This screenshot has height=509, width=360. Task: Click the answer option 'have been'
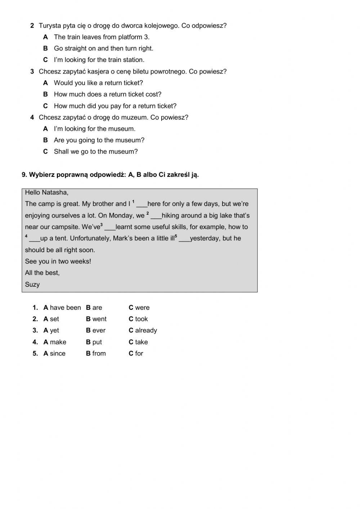pos(65,308)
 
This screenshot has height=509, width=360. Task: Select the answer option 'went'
pos(99,319)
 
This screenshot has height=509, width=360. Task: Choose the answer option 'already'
pos(146,331)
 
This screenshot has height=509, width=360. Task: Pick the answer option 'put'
pos(97,342)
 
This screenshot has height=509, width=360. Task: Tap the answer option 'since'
pos(58,354)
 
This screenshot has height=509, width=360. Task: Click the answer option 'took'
pos(141,319)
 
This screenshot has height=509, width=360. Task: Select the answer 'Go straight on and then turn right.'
pos(103,49)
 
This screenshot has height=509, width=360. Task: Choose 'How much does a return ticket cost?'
pos(107,94)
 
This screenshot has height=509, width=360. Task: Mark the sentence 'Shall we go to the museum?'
pos(95,152)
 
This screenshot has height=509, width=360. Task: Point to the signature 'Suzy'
pos(32,285)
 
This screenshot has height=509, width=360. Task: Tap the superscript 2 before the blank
pos(148,213)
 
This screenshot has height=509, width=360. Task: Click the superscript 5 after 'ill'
pos(176,236)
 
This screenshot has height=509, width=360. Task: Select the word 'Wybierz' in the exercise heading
pos(41,175)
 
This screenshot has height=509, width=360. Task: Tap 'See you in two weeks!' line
pos(58,262)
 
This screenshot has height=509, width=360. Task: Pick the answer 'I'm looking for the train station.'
pos(99,60)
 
